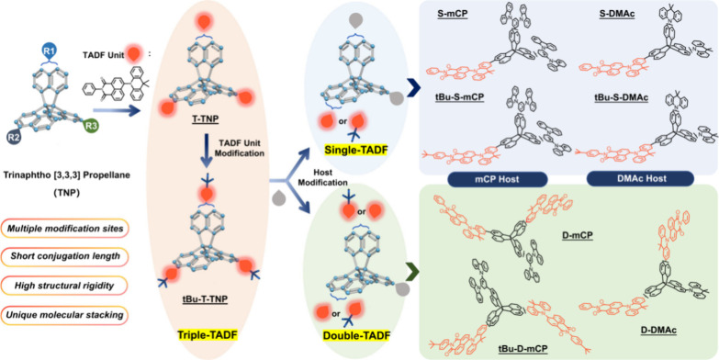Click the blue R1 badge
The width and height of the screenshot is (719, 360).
[x=54, y=44]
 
